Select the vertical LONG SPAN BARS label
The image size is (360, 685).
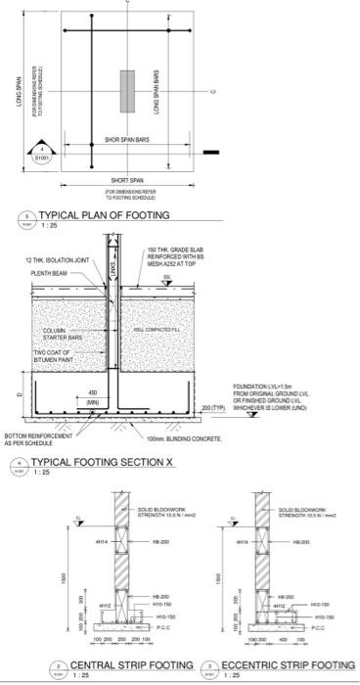(157, 93)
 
